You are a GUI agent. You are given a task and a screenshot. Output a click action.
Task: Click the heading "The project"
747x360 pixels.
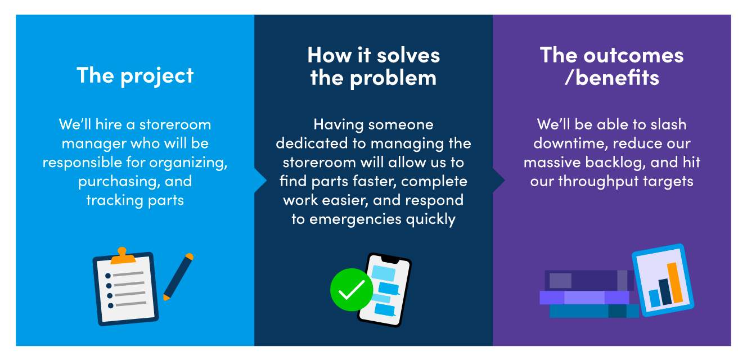pos(135,76)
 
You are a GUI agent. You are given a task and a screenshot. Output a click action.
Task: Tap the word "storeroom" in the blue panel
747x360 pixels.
pos(175,125)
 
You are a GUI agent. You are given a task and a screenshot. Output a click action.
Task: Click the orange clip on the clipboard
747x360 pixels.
pos(123,256)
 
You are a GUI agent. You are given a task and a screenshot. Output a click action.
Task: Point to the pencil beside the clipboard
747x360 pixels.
pos(178,277)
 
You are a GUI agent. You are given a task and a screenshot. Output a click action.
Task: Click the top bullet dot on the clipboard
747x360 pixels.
pos(107,276)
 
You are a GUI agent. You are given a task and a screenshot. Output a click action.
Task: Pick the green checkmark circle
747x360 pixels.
pos(352,290)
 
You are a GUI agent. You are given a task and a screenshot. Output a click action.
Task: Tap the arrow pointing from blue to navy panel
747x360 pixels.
pos(260,181)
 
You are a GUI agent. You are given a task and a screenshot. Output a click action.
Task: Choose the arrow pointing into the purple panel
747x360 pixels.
pos(499,181)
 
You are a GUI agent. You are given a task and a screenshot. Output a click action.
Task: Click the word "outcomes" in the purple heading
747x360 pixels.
pos(633,55)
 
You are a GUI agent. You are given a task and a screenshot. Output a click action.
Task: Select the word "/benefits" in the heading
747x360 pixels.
pos(611,78)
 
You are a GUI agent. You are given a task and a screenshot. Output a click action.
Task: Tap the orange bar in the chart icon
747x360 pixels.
pos(675,283)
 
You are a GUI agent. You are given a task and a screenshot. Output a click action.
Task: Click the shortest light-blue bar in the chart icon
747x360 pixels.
pos(655,298)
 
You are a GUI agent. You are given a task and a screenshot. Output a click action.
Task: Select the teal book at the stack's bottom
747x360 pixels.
pos(594,310)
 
